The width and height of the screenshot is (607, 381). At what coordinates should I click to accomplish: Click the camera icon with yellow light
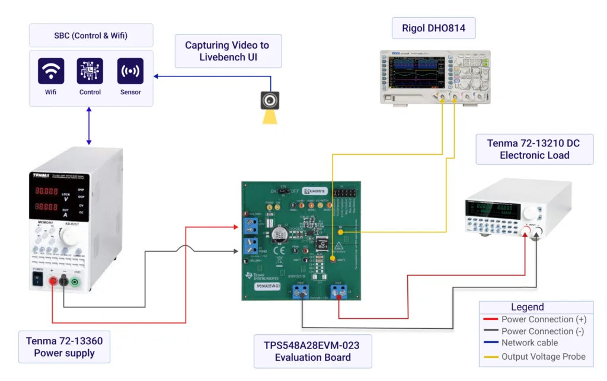[x=270, y=100]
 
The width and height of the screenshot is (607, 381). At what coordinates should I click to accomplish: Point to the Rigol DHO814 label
[x=425, y=27]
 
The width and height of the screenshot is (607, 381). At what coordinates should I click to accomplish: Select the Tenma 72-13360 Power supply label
[x=64, y=347]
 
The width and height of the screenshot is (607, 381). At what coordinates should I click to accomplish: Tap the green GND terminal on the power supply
[x=75, y=282]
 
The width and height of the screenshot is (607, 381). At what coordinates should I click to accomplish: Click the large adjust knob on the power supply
[x=70, y=238]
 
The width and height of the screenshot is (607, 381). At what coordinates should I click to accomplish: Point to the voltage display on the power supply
[x=46, y=191]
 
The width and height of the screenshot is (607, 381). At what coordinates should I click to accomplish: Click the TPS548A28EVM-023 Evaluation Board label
[x=312, y=351]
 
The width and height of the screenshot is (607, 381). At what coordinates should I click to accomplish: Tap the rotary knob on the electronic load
[x=528, y=213]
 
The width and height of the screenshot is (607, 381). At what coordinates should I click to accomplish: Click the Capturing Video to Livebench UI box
[x=226, y=50]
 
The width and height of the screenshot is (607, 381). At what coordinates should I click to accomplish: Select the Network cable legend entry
[x=529, y=343]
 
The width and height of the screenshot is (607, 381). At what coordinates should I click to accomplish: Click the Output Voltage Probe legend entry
[x=543, y=356]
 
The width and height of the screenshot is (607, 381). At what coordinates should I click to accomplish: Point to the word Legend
[x=527, y=307]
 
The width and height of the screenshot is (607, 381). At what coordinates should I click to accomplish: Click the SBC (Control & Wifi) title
[x=91, y=36]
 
